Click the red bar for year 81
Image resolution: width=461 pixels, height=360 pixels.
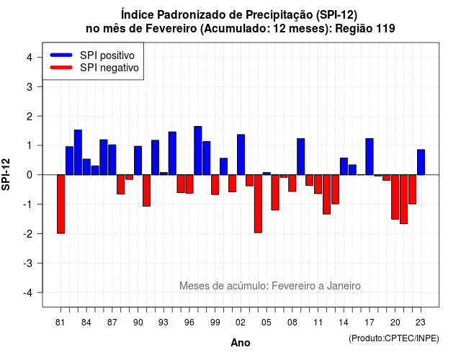[x=61, y=204]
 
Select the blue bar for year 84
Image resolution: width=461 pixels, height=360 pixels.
[x=86, y=167]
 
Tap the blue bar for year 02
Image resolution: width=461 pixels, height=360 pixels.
[x=241, y=155]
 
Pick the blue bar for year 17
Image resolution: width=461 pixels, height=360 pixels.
[x=370, y=157]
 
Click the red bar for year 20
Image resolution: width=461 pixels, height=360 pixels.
[x=395, y=197]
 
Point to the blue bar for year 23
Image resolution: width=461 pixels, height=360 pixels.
[x=421, y=162]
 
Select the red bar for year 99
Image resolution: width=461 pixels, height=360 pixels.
[x=215, y=184]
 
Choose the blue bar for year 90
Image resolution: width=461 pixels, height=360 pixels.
[x=138, y=161]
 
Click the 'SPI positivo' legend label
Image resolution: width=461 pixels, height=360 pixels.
[x=107, y=55]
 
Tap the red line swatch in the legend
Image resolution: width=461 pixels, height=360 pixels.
[x=61, y=67]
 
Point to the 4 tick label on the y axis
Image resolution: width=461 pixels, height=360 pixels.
[x=30, y=58]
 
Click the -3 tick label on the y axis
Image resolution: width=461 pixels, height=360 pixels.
[x=27, y=263]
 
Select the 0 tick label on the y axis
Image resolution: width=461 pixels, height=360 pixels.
[x=30, y=175]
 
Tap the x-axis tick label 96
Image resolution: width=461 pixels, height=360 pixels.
[x=189, y=323]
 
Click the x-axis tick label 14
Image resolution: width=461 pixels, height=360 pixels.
[x=344, y=323]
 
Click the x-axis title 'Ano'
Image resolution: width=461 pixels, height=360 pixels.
[x=241, y=343]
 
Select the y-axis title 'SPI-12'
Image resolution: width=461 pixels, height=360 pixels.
[x=6, y=174]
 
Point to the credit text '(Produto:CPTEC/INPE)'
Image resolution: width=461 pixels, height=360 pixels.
[x=394, y=338]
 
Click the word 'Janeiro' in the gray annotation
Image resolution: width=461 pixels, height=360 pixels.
[x=344, y=286]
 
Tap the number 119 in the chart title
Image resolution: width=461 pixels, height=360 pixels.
[x=385, y=29]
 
